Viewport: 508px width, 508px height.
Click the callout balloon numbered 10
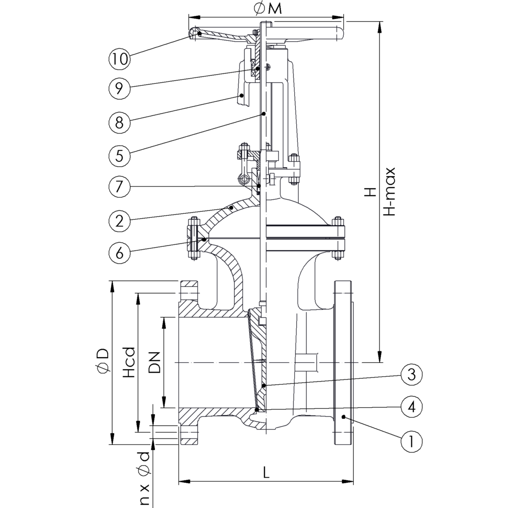(x=119, y=60)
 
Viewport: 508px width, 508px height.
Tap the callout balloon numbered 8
(x=119, y=122)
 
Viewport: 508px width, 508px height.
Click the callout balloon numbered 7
(x=119, y=187)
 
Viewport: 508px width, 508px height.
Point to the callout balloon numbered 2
(x=119, y=220)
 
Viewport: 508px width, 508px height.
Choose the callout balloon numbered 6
(x=119, y=252)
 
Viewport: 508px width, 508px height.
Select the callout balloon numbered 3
(x=411, y=375)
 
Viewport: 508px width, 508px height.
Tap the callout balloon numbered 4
(x=411, y=407)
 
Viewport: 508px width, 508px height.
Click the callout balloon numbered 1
(x=411, y=441)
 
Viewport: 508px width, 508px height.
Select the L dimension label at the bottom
(x=266, y=473)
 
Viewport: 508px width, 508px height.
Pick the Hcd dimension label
(x=129, y=362)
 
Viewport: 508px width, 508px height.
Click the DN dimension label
(x=155, y=362)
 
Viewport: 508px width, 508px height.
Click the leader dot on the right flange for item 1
(x=343, y=419)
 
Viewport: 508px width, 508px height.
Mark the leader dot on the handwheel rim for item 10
(x=198, y=34)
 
